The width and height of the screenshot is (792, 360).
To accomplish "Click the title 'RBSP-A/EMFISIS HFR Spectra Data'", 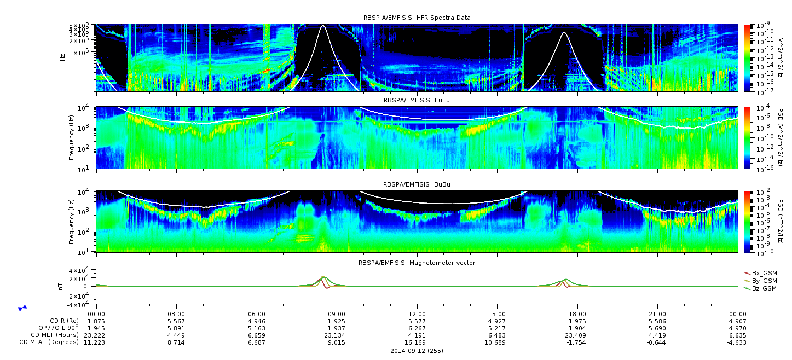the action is pyautogui.click(x=417, y=18).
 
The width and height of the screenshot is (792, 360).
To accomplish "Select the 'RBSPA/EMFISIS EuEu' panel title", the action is pyautogui.click(x=417, y=100).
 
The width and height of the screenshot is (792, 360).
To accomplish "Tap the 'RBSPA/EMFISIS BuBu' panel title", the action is pyautogui.click(x=417, y=184).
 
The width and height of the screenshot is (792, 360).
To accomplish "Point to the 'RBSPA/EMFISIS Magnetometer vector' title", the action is pyautogui.click(x=417, y=263).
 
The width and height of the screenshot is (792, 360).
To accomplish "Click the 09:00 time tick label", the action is pyautogui.click(x=337, y=314).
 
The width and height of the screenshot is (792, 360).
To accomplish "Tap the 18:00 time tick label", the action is pyautogui.click(x=577, y=314).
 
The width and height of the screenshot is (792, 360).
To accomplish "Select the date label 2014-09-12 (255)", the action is pyautogui.click(x=417, y=351).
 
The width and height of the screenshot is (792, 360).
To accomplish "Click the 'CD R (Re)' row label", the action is pyautogui.click(x=65, y=321).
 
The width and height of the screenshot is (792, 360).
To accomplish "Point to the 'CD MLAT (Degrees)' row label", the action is pyautogui.click(x=49, y=342).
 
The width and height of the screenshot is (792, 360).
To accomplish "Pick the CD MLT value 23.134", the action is pyautogui.click(x=337, y=335).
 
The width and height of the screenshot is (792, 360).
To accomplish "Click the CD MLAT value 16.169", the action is pyautogui.click(x=417, y=342).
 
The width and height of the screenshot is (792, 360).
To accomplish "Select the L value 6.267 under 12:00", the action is pyautogui.click(x=417, y=329).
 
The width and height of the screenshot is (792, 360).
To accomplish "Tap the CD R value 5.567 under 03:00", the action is pyautogui.click(x=176, y=322).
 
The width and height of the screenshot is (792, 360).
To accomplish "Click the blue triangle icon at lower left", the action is pyautogui.click(x=22, y=308).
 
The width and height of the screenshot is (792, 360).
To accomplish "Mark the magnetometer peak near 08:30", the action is pyautogui.click(x=323, y=277).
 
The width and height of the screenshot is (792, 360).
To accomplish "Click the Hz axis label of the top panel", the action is pyautogui.click(x=62, y=57).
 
